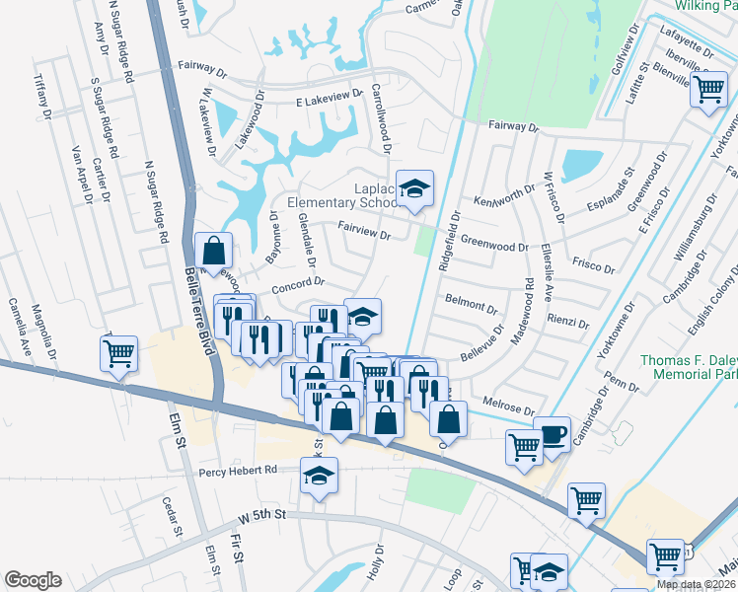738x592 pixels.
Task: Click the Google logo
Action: click(x=33, y=580)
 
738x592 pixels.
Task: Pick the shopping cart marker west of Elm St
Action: click(x=118, y=351)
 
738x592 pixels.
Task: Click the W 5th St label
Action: click(x=261, y=516)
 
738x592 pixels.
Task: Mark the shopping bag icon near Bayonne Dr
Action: click(x=213, y=252)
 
